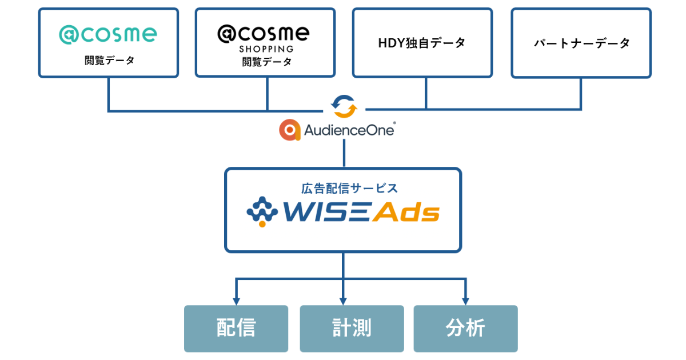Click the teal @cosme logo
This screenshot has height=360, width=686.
108,34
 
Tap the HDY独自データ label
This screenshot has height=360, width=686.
422,43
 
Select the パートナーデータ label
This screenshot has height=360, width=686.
581,43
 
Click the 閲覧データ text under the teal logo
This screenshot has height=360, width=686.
109,60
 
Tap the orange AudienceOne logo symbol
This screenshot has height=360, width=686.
290,130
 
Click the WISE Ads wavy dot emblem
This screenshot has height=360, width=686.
262,211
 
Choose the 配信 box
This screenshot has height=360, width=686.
236,329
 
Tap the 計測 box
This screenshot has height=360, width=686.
352,329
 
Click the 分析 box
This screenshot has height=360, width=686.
465,329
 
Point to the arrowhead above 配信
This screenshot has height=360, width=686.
236,301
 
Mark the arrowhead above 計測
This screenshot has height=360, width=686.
344,301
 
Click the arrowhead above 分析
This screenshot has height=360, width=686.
465,301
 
